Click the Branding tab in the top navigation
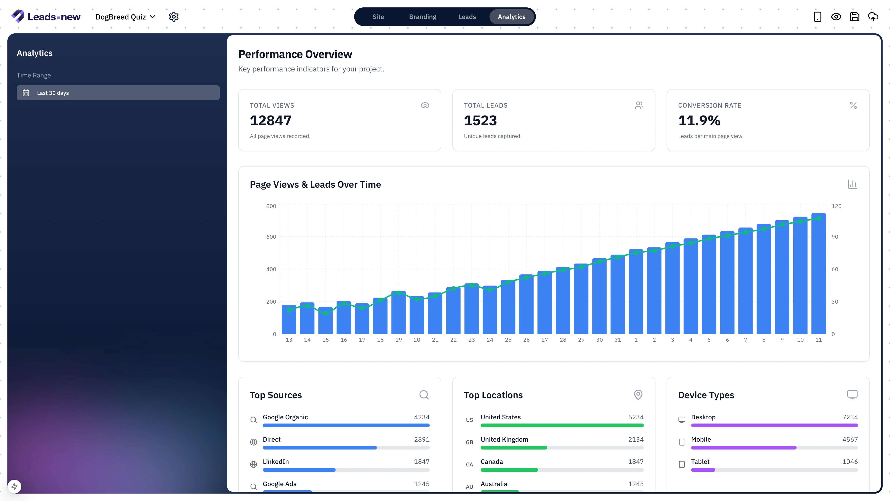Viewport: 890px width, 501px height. [423, 17]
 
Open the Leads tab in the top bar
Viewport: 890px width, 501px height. [467, 17]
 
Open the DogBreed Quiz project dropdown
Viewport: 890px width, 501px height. [125, 17]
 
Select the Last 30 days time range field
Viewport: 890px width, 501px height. [118, 93]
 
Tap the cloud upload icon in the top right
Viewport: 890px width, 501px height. [873, 17]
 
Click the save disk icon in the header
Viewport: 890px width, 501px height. [854, 17]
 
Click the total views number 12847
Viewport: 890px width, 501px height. [270, 121]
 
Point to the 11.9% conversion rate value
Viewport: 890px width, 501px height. [699, 121]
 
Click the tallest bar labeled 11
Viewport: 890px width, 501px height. [818, 273]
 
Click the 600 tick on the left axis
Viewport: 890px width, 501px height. [271, 237]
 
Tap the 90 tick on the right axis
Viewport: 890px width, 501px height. [835, 237]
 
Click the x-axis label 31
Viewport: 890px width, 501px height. [617, 340]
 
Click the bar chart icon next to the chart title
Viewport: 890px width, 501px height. [852, 184]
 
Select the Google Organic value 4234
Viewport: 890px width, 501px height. [422, 417]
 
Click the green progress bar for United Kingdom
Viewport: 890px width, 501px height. [514, 448]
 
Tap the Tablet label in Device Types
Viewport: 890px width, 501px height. [700, 462]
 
